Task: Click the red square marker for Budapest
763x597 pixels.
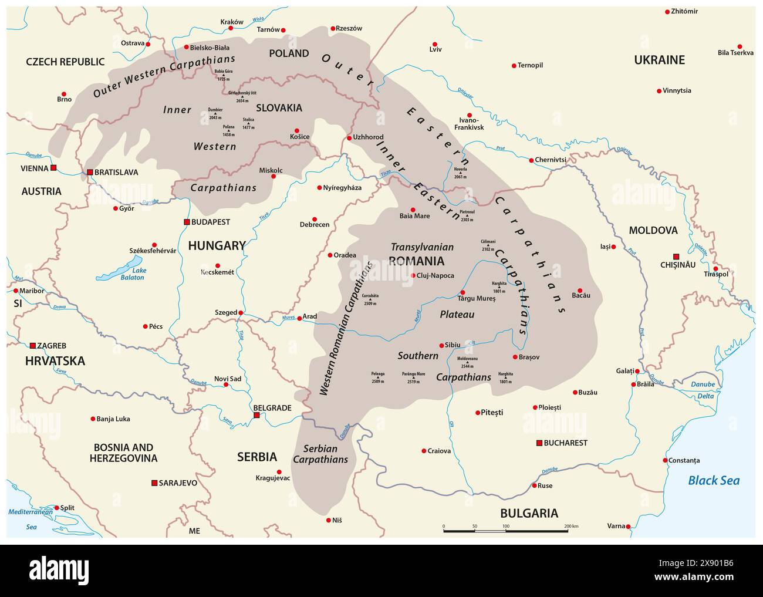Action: [x=187, y=222]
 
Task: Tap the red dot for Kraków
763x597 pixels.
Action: [x=231, y=28]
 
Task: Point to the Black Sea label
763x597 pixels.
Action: [x=713, y=481]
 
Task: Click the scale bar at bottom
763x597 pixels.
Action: [x=505, y=531]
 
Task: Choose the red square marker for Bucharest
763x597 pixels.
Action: [x=539, y=443]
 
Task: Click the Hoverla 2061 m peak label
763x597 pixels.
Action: [x=460, y=173]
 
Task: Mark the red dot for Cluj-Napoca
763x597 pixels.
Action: [x=413, y=275]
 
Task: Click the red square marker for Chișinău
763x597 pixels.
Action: [x=676, y=257]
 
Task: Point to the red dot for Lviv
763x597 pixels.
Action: [x=435, y=44]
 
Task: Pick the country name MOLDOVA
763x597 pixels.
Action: [x=653, y=230]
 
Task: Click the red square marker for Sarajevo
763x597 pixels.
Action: [x=154, y=483]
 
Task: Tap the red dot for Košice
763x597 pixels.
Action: [x=297, y=131]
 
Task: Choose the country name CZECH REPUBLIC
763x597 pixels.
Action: [x=65, y=62]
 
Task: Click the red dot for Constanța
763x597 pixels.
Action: [x=665, y=460]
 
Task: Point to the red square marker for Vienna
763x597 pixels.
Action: [x=53, y=168]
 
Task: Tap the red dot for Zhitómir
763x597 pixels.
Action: [x=667, y=12]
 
